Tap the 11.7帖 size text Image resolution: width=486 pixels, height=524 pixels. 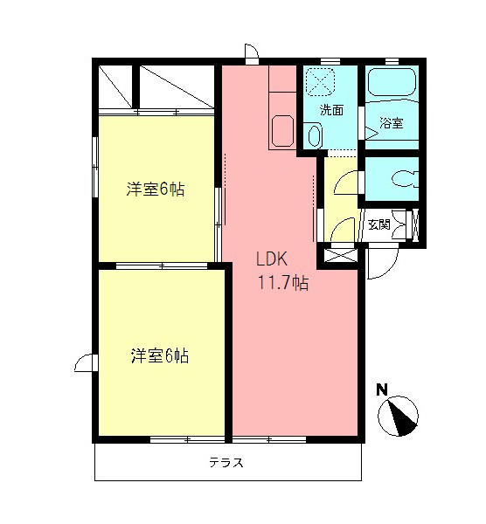tap(281, 282)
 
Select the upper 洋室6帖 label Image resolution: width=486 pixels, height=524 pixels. tap(155, 190)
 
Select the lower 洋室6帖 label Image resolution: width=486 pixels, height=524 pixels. tap(160, 355)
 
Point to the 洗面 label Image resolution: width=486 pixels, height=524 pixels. tap(330, 111)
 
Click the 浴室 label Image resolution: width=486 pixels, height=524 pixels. tap(392, 123)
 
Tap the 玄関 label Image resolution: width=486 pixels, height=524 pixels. tap(378, 224)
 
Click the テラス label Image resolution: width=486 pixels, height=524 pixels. tap(226, 463)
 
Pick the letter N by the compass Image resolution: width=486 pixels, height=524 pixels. tap(382, 390)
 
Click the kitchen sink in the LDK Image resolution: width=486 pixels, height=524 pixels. tap(284, 132)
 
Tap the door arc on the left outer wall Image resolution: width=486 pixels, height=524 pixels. tap(85, 363)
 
